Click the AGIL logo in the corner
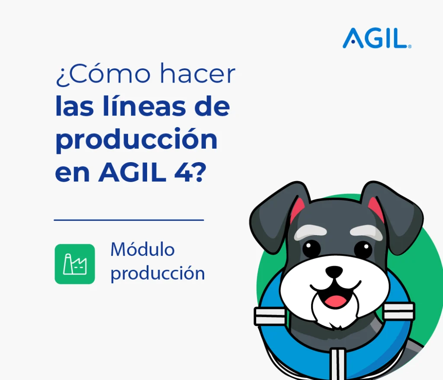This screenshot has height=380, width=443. [x=377, y=38]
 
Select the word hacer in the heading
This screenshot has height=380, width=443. [x=198, y=73]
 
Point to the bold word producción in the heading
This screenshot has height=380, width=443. [x=136, y=140]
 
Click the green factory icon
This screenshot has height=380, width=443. [x=75, y=264]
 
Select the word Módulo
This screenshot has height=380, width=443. [x=142, y=249]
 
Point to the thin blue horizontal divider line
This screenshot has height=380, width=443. [x=129, y=220]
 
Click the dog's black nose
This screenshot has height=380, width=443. [x=334, y=271]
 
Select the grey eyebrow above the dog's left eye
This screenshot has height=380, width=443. [x=310, y=232]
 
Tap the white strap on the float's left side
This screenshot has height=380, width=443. [x=270, y=316]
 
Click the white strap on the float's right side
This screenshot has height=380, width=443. [x=398, y=311]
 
